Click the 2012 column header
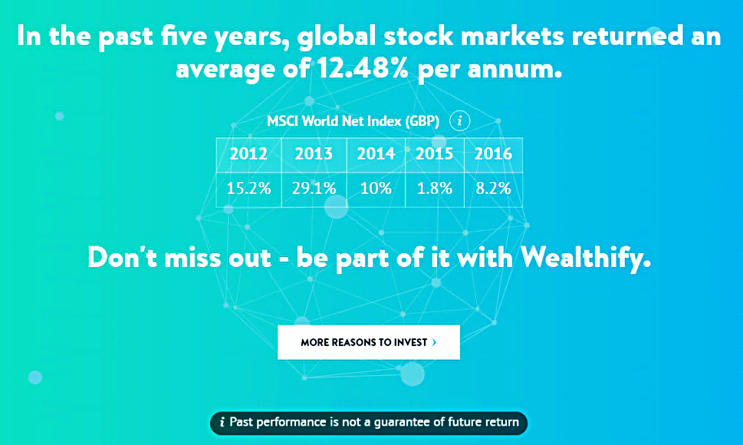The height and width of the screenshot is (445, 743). point(248,154)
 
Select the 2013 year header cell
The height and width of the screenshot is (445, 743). point(314,154)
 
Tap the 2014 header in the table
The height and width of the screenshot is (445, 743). point(376,154)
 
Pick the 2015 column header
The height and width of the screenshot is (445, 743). point(435,154)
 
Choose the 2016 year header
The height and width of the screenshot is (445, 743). point(493,154)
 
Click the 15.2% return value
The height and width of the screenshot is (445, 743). point(248,189)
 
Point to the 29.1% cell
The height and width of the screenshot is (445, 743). point(314,189)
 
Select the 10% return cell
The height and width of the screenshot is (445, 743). point(376,189)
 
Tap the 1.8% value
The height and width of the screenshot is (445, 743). point(435,189)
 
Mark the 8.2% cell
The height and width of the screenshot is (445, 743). point(493,189)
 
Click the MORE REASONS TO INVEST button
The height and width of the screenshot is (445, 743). point(369,342)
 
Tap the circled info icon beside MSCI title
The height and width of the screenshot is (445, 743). point(459,121)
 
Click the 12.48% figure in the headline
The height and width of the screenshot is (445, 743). point(363,69)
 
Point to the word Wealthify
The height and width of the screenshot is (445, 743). point(585,259)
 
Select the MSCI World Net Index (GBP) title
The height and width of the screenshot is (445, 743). point(353,121)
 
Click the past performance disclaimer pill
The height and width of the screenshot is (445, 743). point(369,423)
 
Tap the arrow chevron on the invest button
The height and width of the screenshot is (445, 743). point(434,342)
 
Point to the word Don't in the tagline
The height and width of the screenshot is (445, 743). point(122,259)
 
